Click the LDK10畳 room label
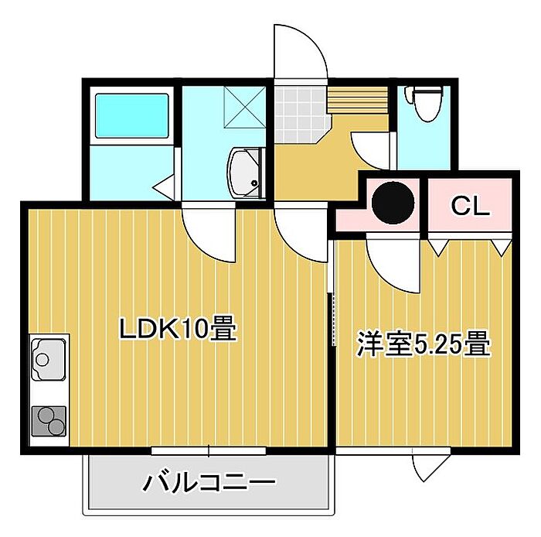coord(178,328)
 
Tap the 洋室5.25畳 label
coord(424,344)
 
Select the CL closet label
coord(470,206)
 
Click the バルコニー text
coord(209,481)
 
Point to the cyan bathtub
coord(132,116)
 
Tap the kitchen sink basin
coord(49,359)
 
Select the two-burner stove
coord(49,421)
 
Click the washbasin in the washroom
coord(246,173)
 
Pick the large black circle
coord(393,203)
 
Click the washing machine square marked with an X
coord(245,107)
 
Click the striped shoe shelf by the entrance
coord(358,100)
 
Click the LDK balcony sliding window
coord(209,450)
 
